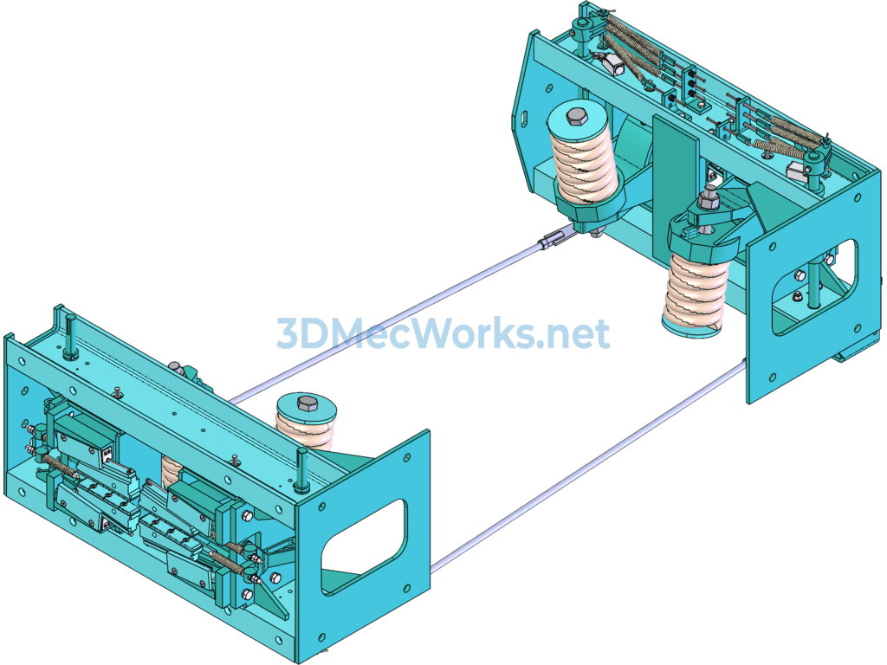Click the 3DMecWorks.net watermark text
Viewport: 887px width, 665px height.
(443, 332)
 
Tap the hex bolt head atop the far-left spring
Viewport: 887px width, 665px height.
(576, 117)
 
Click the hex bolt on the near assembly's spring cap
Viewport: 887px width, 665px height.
(308, 403)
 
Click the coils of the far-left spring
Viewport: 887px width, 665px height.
(583, 167)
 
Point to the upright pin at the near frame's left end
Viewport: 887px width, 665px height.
(70, 337)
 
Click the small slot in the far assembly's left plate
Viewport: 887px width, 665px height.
(524, 118)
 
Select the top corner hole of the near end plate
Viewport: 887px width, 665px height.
(407, 458)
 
